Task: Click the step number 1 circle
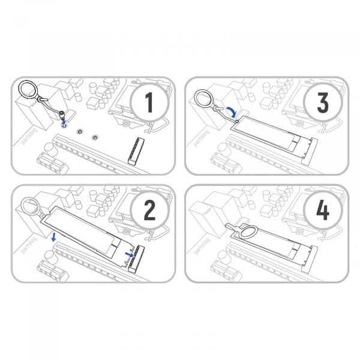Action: [x=149, y=103]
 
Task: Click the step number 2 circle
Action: [x=149, y=210]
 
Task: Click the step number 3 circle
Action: [x=323, y=103]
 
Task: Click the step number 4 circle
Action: [x=323, y=210]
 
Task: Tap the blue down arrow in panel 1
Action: [x=64, y=121]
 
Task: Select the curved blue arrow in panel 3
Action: [x=232, y=111]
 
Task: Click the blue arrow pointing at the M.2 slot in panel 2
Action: [x=129, y=254]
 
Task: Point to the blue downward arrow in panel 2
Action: [x=53, y=237]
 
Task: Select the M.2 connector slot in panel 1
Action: [x=136, y=151]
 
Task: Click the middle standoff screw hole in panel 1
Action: [x=79, y=131]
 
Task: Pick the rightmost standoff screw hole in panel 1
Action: [x=94, y=137]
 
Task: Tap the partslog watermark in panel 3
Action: [x=202, y=138]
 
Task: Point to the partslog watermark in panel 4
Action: [x=202, y=247]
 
